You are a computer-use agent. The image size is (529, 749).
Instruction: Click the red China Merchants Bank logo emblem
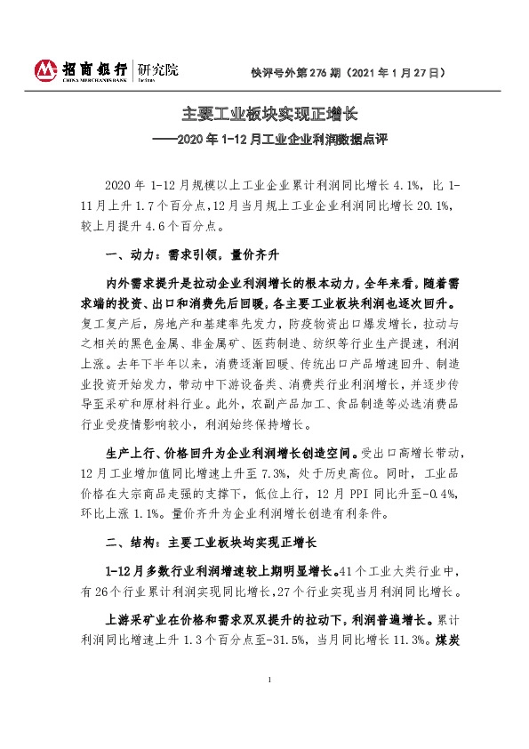[44, 69]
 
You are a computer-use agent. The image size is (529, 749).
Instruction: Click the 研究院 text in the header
[157, 68]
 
